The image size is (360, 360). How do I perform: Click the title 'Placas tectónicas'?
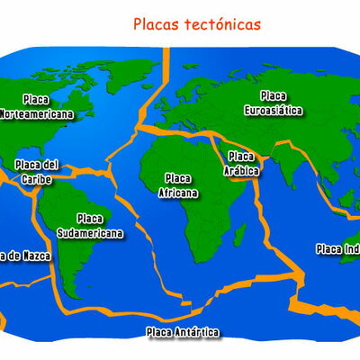[196, 24]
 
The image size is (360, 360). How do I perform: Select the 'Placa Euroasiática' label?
[274, 103]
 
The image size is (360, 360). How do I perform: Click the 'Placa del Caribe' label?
[37, 171]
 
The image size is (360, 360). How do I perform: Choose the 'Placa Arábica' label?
[242, 163]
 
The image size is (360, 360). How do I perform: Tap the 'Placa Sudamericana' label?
[89, 225]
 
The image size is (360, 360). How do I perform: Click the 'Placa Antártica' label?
[183, 332]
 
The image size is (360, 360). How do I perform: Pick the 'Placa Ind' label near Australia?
[337, 248]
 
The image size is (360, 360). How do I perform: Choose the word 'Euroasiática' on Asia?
[274, 109]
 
